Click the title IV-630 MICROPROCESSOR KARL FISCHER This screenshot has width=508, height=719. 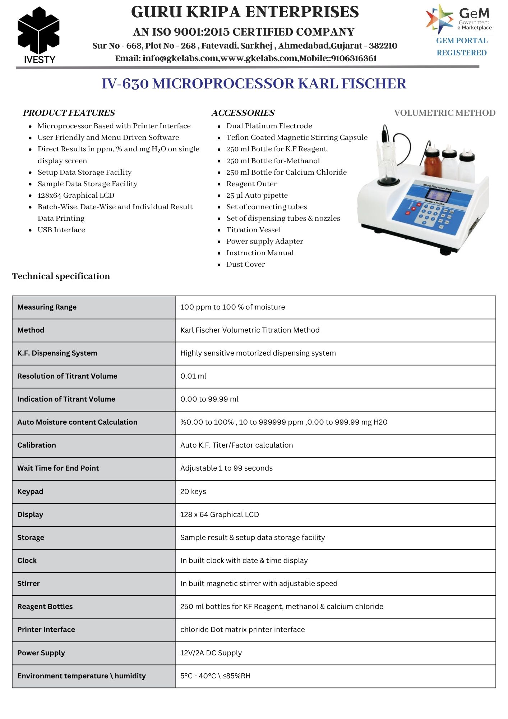tap(254, 84)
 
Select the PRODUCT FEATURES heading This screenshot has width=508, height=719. tap(69, 113)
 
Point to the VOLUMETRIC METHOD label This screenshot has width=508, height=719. tap(444, 113)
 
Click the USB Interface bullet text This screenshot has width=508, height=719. tap(61, 230)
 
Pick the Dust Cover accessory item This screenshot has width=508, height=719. tap(245, 264)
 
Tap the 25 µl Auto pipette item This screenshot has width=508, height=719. tap(257, 195)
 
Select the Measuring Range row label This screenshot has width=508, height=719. tap(47, 307)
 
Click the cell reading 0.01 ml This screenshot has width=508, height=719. tap(193, 376)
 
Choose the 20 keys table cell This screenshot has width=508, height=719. tap(193, 491)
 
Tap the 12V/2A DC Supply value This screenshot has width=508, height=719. tap(211, 653)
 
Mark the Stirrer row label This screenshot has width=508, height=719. tap(28, 583)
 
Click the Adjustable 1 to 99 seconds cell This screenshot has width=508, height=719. tap(226, 468)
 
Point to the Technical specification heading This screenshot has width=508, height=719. tap(61, 276)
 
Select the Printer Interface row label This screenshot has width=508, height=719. tap(46, 629)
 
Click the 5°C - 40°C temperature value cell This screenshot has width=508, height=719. tap(215, 676)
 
